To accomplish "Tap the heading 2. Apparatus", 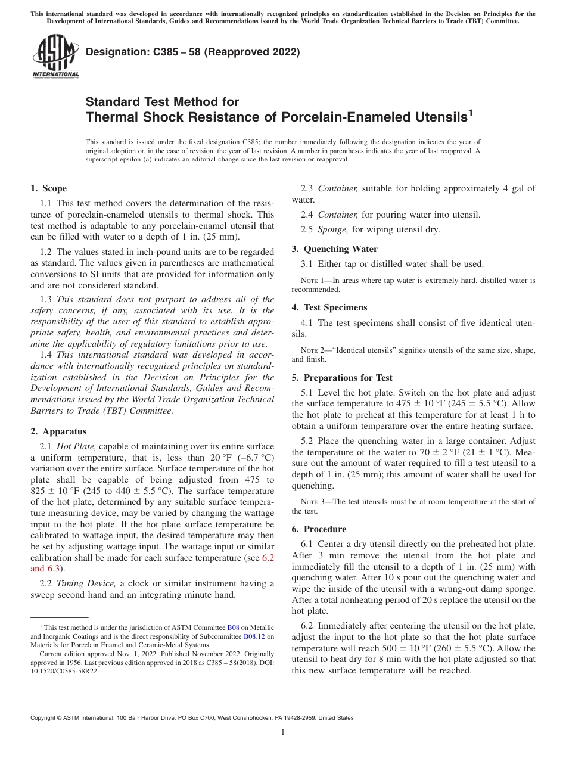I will (58, 431).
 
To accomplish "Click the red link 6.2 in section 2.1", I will (268, 558).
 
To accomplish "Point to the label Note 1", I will (313, 280).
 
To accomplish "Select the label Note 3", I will (313, 502).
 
